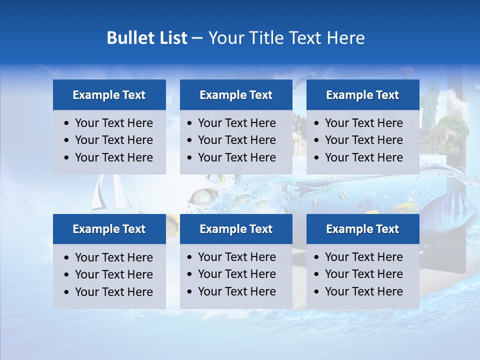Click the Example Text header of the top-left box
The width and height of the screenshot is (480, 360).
(109, 95)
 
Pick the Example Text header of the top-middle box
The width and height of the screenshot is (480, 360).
(236, 95)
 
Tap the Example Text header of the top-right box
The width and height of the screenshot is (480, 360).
(362, 95)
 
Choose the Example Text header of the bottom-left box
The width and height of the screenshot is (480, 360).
(109, 229)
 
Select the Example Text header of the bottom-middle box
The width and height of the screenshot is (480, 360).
(236, 229)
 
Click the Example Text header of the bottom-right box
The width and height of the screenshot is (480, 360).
(362, 229)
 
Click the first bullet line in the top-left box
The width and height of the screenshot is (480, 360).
(113, 123)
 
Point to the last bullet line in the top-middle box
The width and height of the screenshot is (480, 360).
(236, 157)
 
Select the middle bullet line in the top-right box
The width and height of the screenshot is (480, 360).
(363, 140)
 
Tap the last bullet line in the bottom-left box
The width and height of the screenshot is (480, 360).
(113, 292)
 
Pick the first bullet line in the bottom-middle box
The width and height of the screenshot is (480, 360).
(236, 257)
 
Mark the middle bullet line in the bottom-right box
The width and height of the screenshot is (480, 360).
(363, 274)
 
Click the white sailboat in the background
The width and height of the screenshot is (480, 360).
(102, 195)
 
